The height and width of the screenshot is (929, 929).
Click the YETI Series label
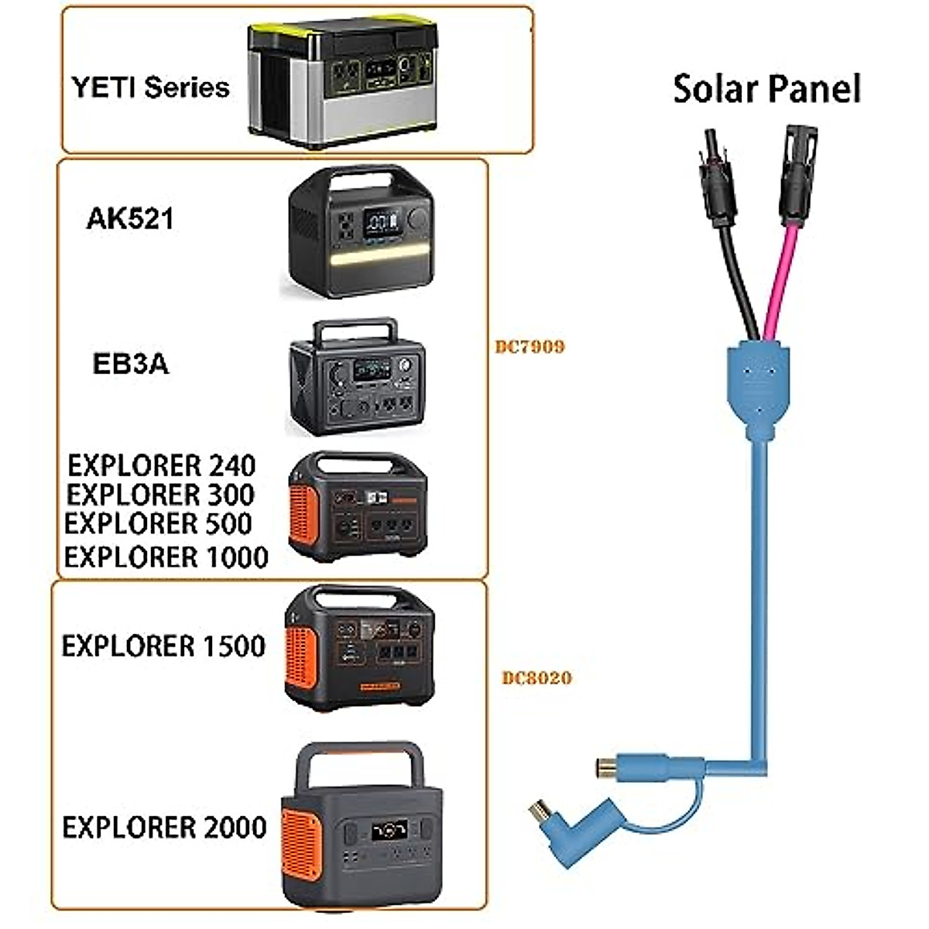[x=150, y=87]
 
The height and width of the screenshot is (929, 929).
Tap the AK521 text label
[x=130, y=219]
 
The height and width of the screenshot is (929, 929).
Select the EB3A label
[x=130, y=364]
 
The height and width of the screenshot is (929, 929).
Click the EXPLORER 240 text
[x=161, y=466]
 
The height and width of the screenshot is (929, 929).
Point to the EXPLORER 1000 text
[x=166, y=557]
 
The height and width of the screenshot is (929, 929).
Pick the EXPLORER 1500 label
[x=163, y=646]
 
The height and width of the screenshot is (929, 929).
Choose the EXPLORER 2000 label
[x=164, y=828]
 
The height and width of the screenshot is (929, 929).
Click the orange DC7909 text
[x=530, y=346]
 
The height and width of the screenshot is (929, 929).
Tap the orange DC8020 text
[x=536, y=678]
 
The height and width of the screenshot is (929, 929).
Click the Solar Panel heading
[x=766, y=89]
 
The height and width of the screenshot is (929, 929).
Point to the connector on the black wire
[x=717, y=182]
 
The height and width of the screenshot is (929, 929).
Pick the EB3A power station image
[x=357, y=377]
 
